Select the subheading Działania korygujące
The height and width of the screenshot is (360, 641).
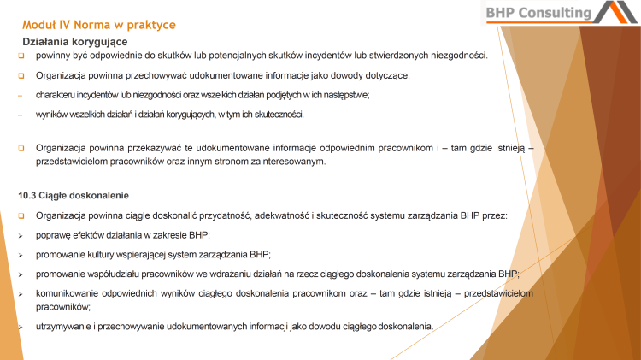click(74, 42)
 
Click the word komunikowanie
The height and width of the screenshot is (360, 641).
click(71, 293)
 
